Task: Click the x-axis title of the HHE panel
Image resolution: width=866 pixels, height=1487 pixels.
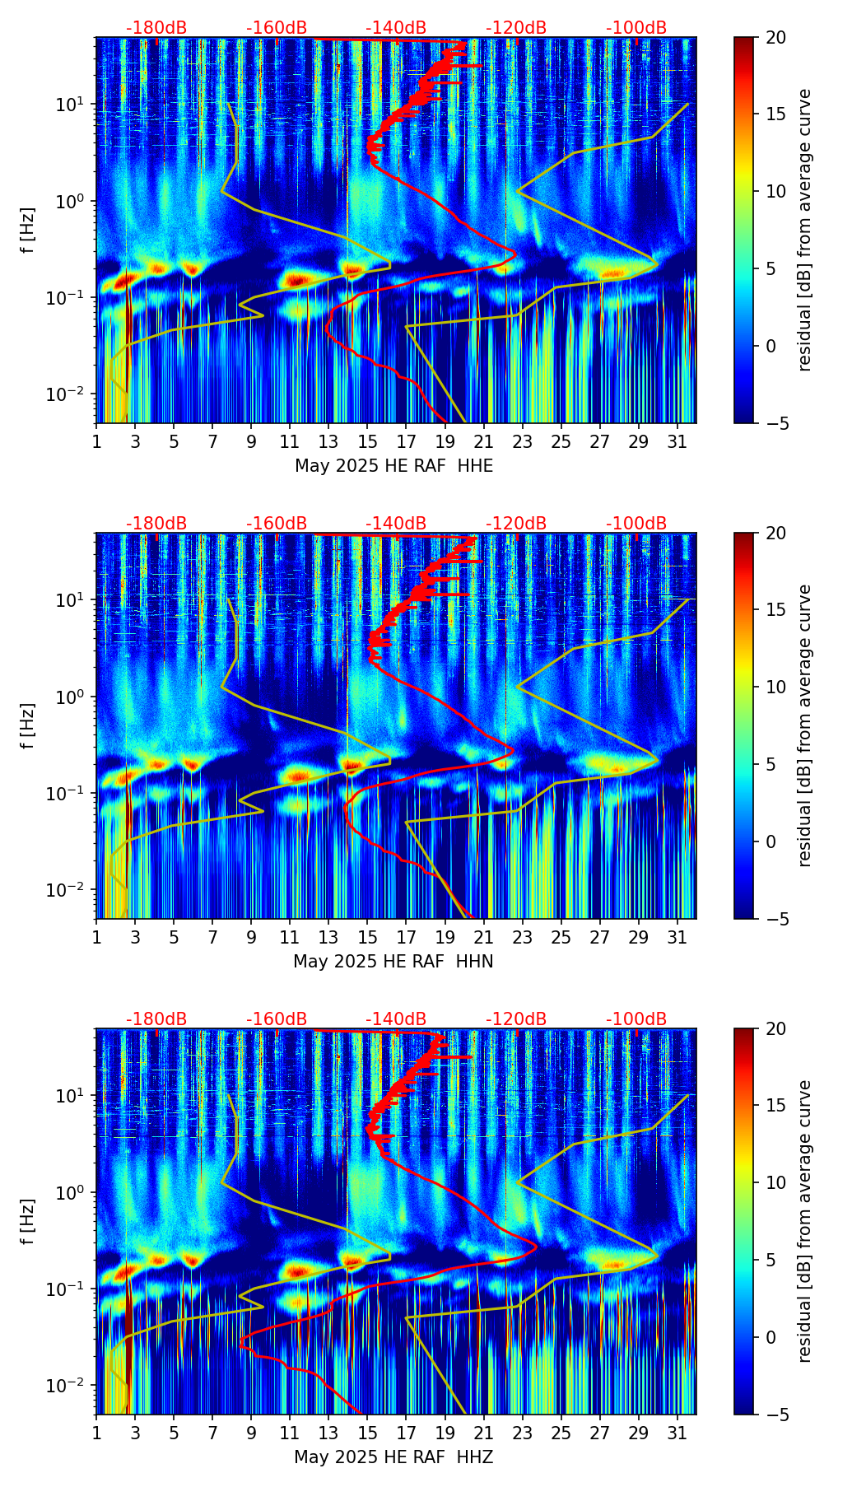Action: [393, 466]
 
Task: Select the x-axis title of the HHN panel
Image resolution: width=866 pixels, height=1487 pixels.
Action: [393, 962]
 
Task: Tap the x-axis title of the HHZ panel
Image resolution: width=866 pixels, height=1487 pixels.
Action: [393, 1457]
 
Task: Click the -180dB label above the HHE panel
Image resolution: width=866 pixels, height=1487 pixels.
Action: [156, 28]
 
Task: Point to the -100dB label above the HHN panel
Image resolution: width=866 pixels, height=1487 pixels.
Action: [636, 524]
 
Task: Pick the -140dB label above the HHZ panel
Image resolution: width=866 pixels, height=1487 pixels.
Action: [396, 1019]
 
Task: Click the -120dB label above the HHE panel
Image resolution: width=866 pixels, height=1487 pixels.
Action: [516, 28]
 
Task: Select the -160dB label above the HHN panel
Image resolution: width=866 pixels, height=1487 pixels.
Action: [277, 524]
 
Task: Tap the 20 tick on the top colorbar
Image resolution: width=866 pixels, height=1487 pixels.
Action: [775, 38]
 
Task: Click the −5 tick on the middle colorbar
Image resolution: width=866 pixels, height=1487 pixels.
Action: [775, 919]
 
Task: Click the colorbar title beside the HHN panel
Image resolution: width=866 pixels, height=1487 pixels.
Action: [804, 725]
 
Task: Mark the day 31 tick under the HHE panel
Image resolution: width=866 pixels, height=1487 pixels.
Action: [677, 442]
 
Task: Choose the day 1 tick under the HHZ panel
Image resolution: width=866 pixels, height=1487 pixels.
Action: [96, 1433]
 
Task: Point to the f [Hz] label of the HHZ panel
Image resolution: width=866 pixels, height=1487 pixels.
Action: [28, 1222]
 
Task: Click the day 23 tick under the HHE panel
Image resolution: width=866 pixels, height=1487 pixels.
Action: [522, 442]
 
